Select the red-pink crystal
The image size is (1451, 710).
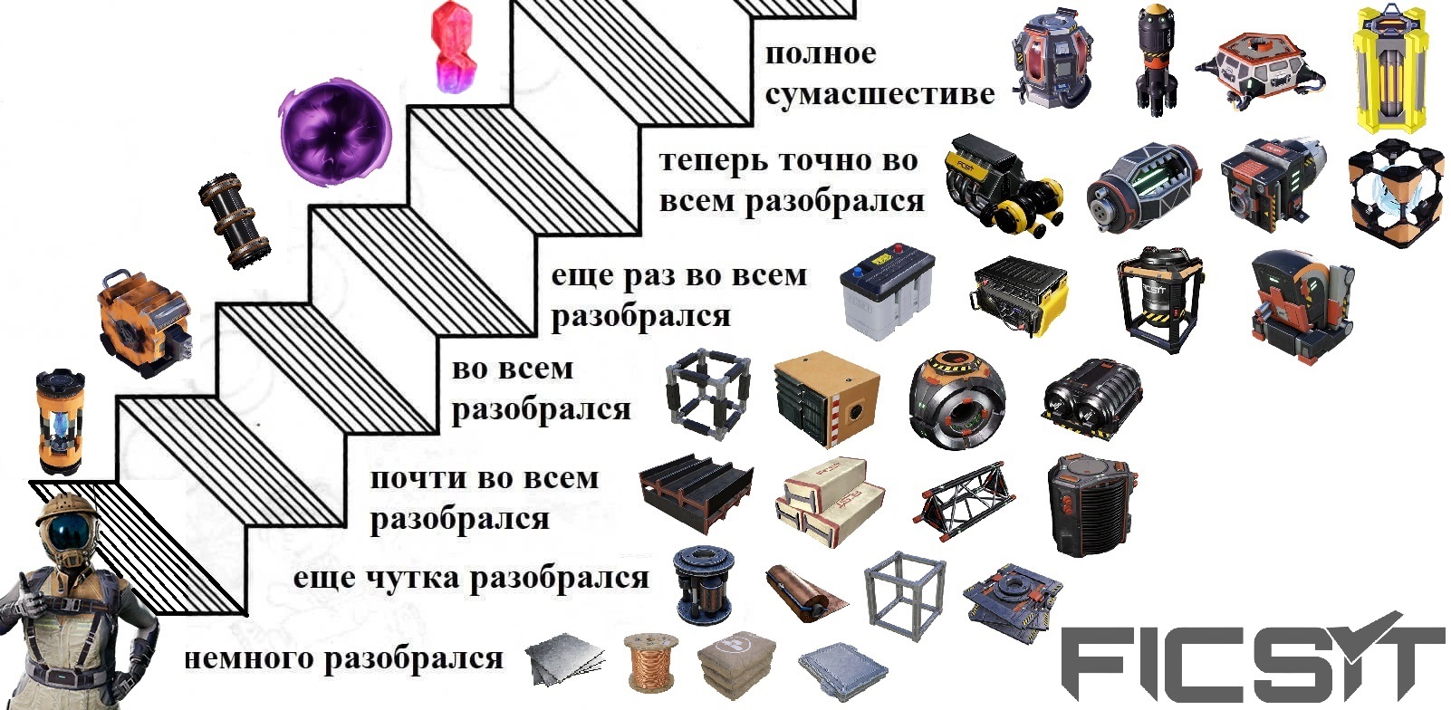tap(453, 47)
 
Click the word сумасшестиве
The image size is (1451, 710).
tap(879, 94)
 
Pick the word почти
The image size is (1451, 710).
tap(418, 479)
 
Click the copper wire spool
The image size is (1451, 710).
tap(651, 662)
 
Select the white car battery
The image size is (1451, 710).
tap(888, 291)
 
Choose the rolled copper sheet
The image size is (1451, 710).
tap(806, 592)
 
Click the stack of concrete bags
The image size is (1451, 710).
tap(737, 665)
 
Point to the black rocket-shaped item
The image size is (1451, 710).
tap(1157, 61)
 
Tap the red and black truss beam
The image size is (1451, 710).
tap(964, 500)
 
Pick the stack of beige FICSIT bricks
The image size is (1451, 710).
tap(831, 500)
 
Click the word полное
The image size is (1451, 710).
tap(821, 54)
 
